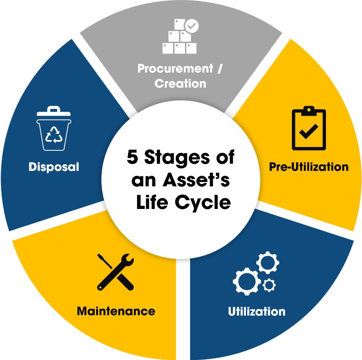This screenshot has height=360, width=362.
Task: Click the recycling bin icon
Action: (53, 129)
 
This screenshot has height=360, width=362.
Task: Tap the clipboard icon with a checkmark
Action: (309, 129)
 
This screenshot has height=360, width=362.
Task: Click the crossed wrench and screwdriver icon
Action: (115, 272)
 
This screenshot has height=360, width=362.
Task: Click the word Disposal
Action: (54, 167)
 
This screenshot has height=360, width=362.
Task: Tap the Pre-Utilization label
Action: (309, 167)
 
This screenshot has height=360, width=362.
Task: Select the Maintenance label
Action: (116, 310)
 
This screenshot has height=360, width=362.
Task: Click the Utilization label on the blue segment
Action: (257, 311)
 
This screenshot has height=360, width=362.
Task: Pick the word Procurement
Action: (175, 69)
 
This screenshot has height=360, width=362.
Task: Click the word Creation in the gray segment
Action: (180, 84)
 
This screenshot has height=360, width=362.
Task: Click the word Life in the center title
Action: (152, 203)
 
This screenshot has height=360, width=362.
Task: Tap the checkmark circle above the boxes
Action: (192, 26)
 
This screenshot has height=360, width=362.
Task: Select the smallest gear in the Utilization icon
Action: (269, 284)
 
